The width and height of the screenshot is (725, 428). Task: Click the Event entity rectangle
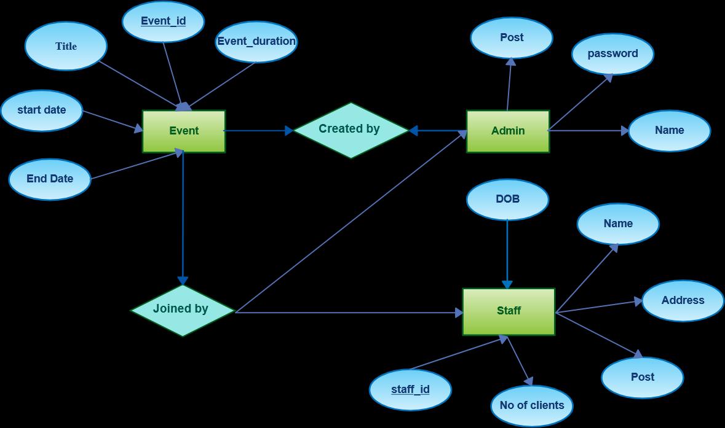[184, 131]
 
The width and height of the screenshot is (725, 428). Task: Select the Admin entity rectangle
[508, 131]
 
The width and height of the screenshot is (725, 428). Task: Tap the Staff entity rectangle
[509, 312]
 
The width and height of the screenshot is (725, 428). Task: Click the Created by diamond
[351, 130]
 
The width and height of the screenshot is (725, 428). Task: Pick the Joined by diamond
[183, 310]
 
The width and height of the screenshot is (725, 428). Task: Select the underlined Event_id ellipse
[163, 21]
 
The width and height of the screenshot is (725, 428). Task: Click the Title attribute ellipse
[66, 46]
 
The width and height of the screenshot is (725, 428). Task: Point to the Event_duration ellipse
[256, 42]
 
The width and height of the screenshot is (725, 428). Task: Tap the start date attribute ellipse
[42, 111]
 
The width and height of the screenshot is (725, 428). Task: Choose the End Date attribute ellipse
[50, 179]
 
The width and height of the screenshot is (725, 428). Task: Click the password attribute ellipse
[612, 54]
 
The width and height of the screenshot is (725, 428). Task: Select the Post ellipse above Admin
[512, 38]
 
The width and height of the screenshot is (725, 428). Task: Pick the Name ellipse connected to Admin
[670, 131]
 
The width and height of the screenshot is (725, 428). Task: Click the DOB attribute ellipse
[508, 200]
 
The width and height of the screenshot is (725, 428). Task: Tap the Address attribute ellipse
[683, 300]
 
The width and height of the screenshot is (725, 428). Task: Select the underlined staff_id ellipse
[410, 390]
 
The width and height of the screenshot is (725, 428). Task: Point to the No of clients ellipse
[532, 406]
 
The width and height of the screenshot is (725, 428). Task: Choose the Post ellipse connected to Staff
[642, 377]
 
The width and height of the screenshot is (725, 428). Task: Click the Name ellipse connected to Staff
[618, 224]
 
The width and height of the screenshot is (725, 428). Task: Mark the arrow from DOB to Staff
[507, 254]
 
